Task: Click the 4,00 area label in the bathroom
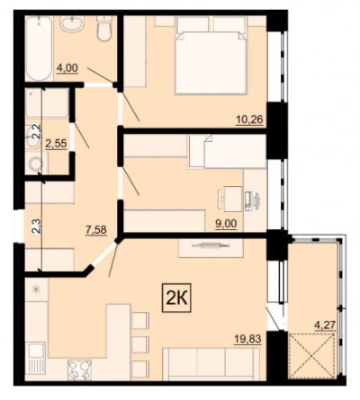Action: click(67, 67)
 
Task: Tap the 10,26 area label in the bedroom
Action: click(249, 120)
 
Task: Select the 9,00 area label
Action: click(226, 224)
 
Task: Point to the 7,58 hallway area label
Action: click(96, 230)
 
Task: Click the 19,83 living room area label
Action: click(247, 339)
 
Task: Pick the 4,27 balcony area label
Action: click(324, 324)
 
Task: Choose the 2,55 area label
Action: click(56, 144)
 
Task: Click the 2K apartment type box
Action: click(176, 298)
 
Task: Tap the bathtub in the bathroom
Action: click(39, 48)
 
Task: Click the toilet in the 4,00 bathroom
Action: click(104, 29)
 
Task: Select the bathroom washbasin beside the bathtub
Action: click(72, 22)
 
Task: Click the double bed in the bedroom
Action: click(211, 55)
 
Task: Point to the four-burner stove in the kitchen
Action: click(79, 370)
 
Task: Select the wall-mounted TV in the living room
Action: click(211, 245)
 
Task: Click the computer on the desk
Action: click(252, 200)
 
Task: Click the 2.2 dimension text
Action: click(35, 130)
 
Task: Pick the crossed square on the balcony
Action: click(311, 356)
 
